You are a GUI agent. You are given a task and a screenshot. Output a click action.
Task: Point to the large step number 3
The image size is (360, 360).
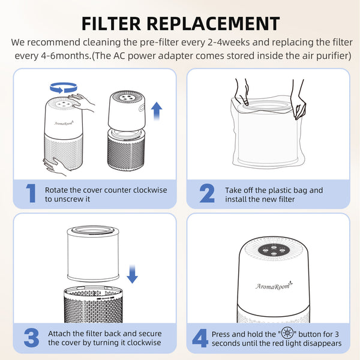pyautogui.click(x=31, y=338)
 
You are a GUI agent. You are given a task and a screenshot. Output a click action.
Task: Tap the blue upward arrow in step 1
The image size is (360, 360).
pyautogui.click(x=157, y=110)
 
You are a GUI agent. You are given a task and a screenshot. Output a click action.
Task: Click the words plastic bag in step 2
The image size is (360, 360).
pyautogui.click(x=303, y=190)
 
